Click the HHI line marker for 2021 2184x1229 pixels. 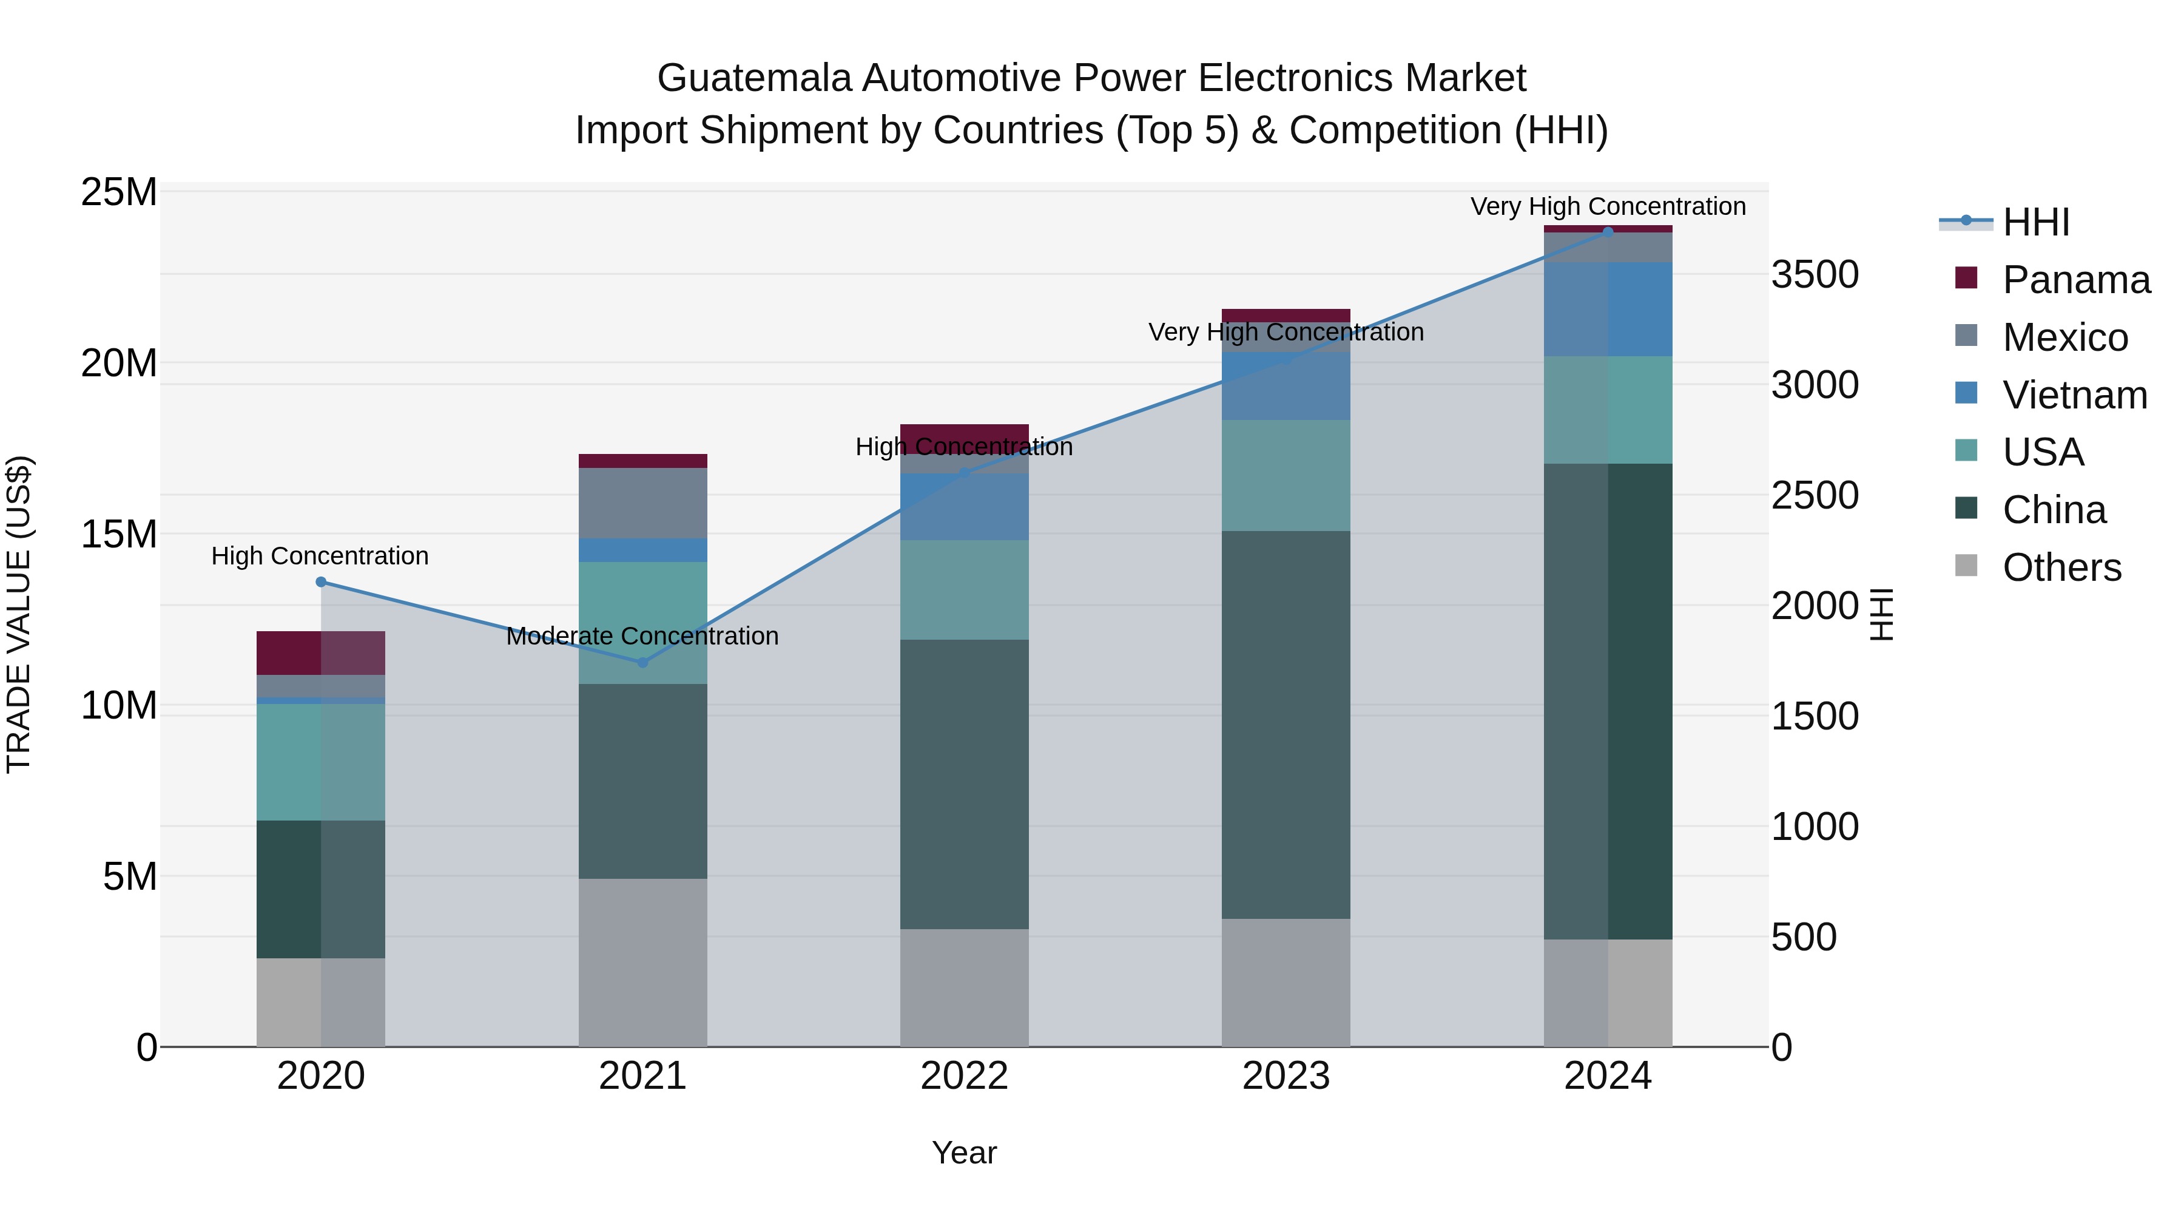pyautogui.click(x=642, y=662)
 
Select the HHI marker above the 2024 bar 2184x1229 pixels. pyautogui.click(x=1608, y=232)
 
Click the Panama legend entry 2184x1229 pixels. pyautogui.click(x=2075, y=280)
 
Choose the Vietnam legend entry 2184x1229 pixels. pyautogui.click(x=2074, y=395)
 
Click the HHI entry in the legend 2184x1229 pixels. pyautogui.click(x=2035, y=222)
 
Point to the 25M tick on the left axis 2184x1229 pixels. pyautogui.click(x=119, y=192)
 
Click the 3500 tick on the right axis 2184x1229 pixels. pyautogui.click(x=1815, y=275)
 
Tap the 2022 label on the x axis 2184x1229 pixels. pyautogui.click(x=964, y=1076)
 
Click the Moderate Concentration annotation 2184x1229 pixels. pyautogui.click(x=642, y=636)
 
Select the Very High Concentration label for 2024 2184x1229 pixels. pyautogui.click(x=1608, y=206)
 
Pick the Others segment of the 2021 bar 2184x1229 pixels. pyautogui.click(x=642, y=962)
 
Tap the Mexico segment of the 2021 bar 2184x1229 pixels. pyautogui.click(x=642, y=503)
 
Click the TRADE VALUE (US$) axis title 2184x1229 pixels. pyautogui.click(x=19, y=614)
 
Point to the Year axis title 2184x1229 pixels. pyautogui.click(x=964, y=1153)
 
